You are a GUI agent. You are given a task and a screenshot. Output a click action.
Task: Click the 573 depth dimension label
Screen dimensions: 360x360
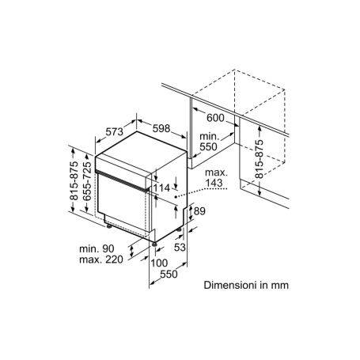(x=115, y=131)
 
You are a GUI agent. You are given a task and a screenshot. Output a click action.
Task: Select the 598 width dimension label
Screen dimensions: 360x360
(x=161, y=128)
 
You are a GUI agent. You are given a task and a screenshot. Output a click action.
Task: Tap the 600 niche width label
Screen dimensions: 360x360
(x=215, y=118)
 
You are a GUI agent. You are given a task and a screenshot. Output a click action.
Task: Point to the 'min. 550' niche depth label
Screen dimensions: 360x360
(x=210, y=142)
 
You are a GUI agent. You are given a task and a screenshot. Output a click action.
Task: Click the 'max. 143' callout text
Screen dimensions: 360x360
(x=216, y=178)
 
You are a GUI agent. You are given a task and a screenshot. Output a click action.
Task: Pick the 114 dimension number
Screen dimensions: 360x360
(x=161, y=188)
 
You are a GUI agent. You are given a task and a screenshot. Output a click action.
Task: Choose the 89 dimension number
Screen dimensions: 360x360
(x=199, y=211)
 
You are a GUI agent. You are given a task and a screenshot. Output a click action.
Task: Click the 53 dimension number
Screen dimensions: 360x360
(x=180, y=248)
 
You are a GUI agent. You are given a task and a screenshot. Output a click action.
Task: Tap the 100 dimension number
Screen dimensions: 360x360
(x=159, y=263)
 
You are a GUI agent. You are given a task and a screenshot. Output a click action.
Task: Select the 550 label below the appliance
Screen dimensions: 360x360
(x=169, y=274)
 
